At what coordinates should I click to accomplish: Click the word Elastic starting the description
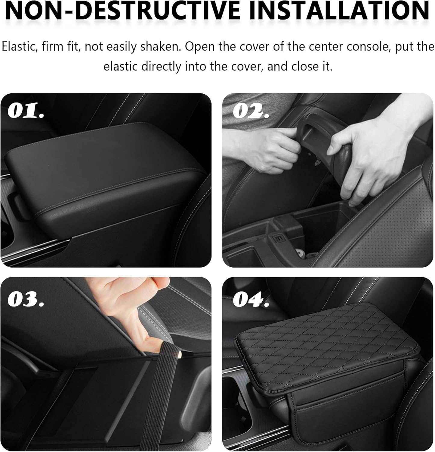click(19, 47)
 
